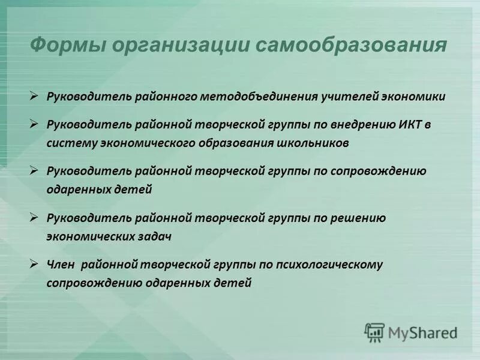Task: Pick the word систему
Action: (x=69, y=143)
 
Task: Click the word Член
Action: (x=60, y=264)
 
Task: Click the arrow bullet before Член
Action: (x=35, y=263)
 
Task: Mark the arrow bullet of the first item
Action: (x=35, y=96)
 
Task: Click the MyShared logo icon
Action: (x=375, y=332)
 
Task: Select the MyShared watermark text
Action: (x=422, y=332)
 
